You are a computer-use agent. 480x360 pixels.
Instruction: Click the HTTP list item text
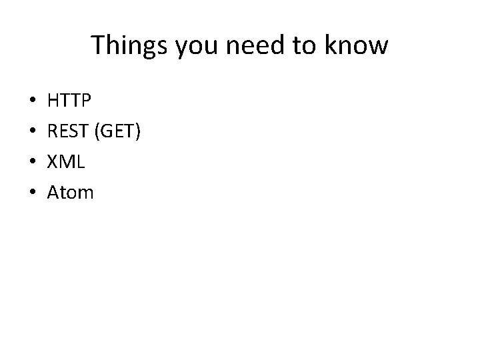click(70, 101)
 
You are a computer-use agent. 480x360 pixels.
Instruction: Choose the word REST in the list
click(70, 132)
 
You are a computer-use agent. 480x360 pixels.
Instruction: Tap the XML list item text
click(67, 163)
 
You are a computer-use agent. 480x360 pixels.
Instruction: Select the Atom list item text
click(71, 193)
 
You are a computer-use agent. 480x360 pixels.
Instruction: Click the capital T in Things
click(98, 45)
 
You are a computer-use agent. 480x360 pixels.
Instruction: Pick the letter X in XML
click(53, 163)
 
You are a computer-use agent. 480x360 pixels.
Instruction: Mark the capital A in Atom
click(54, 193)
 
